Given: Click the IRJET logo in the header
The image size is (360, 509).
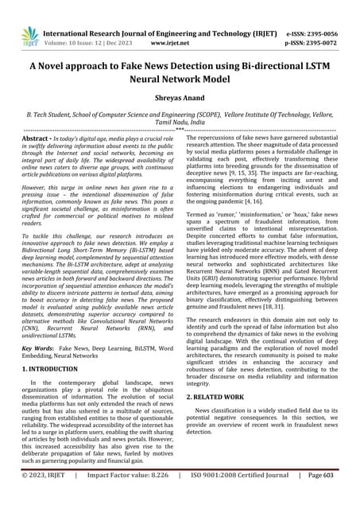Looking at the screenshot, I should (30, 33).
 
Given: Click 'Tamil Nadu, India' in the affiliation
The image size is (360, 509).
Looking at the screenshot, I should (180, 123).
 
